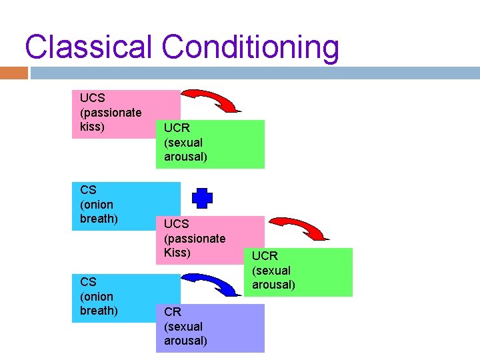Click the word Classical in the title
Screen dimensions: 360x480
89,48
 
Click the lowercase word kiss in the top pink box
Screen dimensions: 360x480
92,127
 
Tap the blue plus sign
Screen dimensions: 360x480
203,199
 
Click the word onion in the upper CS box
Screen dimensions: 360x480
97,205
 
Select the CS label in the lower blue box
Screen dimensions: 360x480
87,281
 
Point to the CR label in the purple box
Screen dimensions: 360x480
172,311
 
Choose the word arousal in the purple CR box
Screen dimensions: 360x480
185,341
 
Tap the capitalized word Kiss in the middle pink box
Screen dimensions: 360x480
177,253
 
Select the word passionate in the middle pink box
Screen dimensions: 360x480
195,238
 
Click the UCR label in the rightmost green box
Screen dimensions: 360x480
265,256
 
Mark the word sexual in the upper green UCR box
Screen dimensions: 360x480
183,143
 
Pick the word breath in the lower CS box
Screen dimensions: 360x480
99,311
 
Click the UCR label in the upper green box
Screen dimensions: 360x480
177,127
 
